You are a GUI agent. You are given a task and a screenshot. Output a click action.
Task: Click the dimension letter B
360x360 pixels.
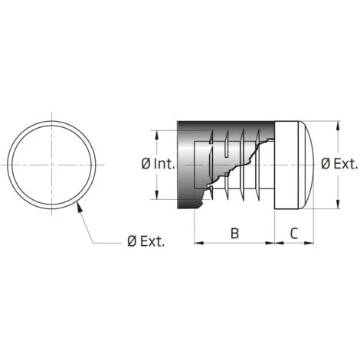point(234,233)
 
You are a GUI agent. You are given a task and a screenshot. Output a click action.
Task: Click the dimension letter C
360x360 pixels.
point(294,233)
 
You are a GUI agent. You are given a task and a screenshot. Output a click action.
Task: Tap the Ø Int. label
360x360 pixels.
point(159,164)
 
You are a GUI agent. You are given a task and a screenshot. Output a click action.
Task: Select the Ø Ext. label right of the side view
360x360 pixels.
point(339,164)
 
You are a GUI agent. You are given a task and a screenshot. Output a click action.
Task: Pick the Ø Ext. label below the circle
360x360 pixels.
point(146,241)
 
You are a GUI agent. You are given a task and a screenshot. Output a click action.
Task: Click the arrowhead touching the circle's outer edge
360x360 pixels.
point(80,206)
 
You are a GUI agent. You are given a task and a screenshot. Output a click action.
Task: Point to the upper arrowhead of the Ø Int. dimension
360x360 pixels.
point(157,135)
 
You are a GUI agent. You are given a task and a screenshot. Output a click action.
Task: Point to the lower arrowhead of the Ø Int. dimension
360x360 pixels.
point(157,195)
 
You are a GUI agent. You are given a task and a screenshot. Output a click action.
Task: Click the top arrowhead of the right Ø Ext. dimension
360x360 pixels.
point(338,126)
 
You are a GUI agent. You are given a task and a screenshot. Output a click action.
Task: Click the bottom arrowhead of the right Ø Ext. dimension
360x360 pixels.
point(338,204)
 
